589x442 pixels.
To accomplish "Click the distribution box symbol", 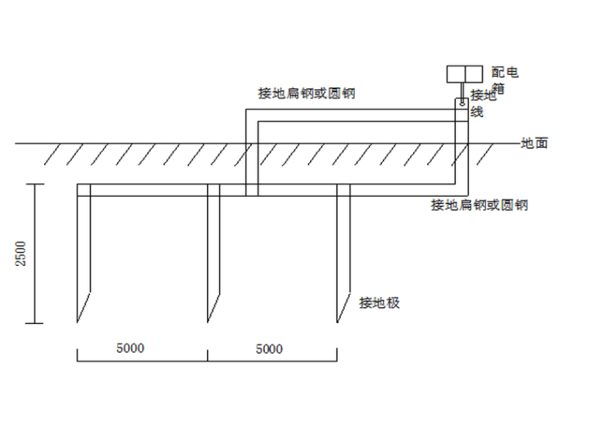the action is (463, 74).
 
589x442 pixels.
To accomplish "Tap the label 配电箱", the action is (505, 80).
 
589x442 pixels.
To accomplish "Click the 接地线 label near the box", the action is (481, 103).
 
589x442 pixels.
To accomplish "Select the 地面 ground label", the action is (535, 143).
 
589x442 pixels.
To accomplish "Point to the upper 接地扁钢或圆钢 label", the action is (307, 94).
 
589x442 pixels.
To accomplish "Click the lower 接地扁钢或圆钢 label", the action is (480, 205).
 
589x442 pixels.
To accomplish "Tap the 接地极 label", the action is (379, 303).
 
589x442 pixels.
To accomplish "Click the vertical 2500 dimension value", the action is (21, 254).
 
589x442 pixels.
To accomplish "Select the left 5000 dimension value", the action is (129, 348).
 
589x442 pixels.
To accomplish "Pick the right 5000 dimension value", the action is (269, 349).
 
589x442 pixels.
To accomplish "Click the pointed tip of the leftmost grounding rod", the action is (77, 321).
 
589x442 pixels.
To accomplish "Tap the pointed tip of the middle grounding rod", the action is (208, 321).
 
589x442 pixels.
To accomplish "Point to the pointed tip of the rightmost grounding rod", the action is (337, 321).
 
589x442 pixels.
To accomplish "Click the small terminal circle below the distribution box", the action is (463, 100).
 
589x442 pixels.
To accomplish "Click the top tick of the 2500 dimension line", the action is (34, 184).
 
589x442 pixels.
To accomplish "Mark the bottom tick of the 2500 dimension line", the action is (34, 323).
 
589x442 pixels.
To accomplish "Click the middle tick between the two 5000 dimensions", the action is (208, 355).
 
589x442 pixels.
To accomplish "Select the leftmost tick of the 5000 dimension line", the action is (77, 355).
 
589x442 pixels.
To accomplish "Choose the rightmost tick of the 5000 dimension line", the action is (337, 355).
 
